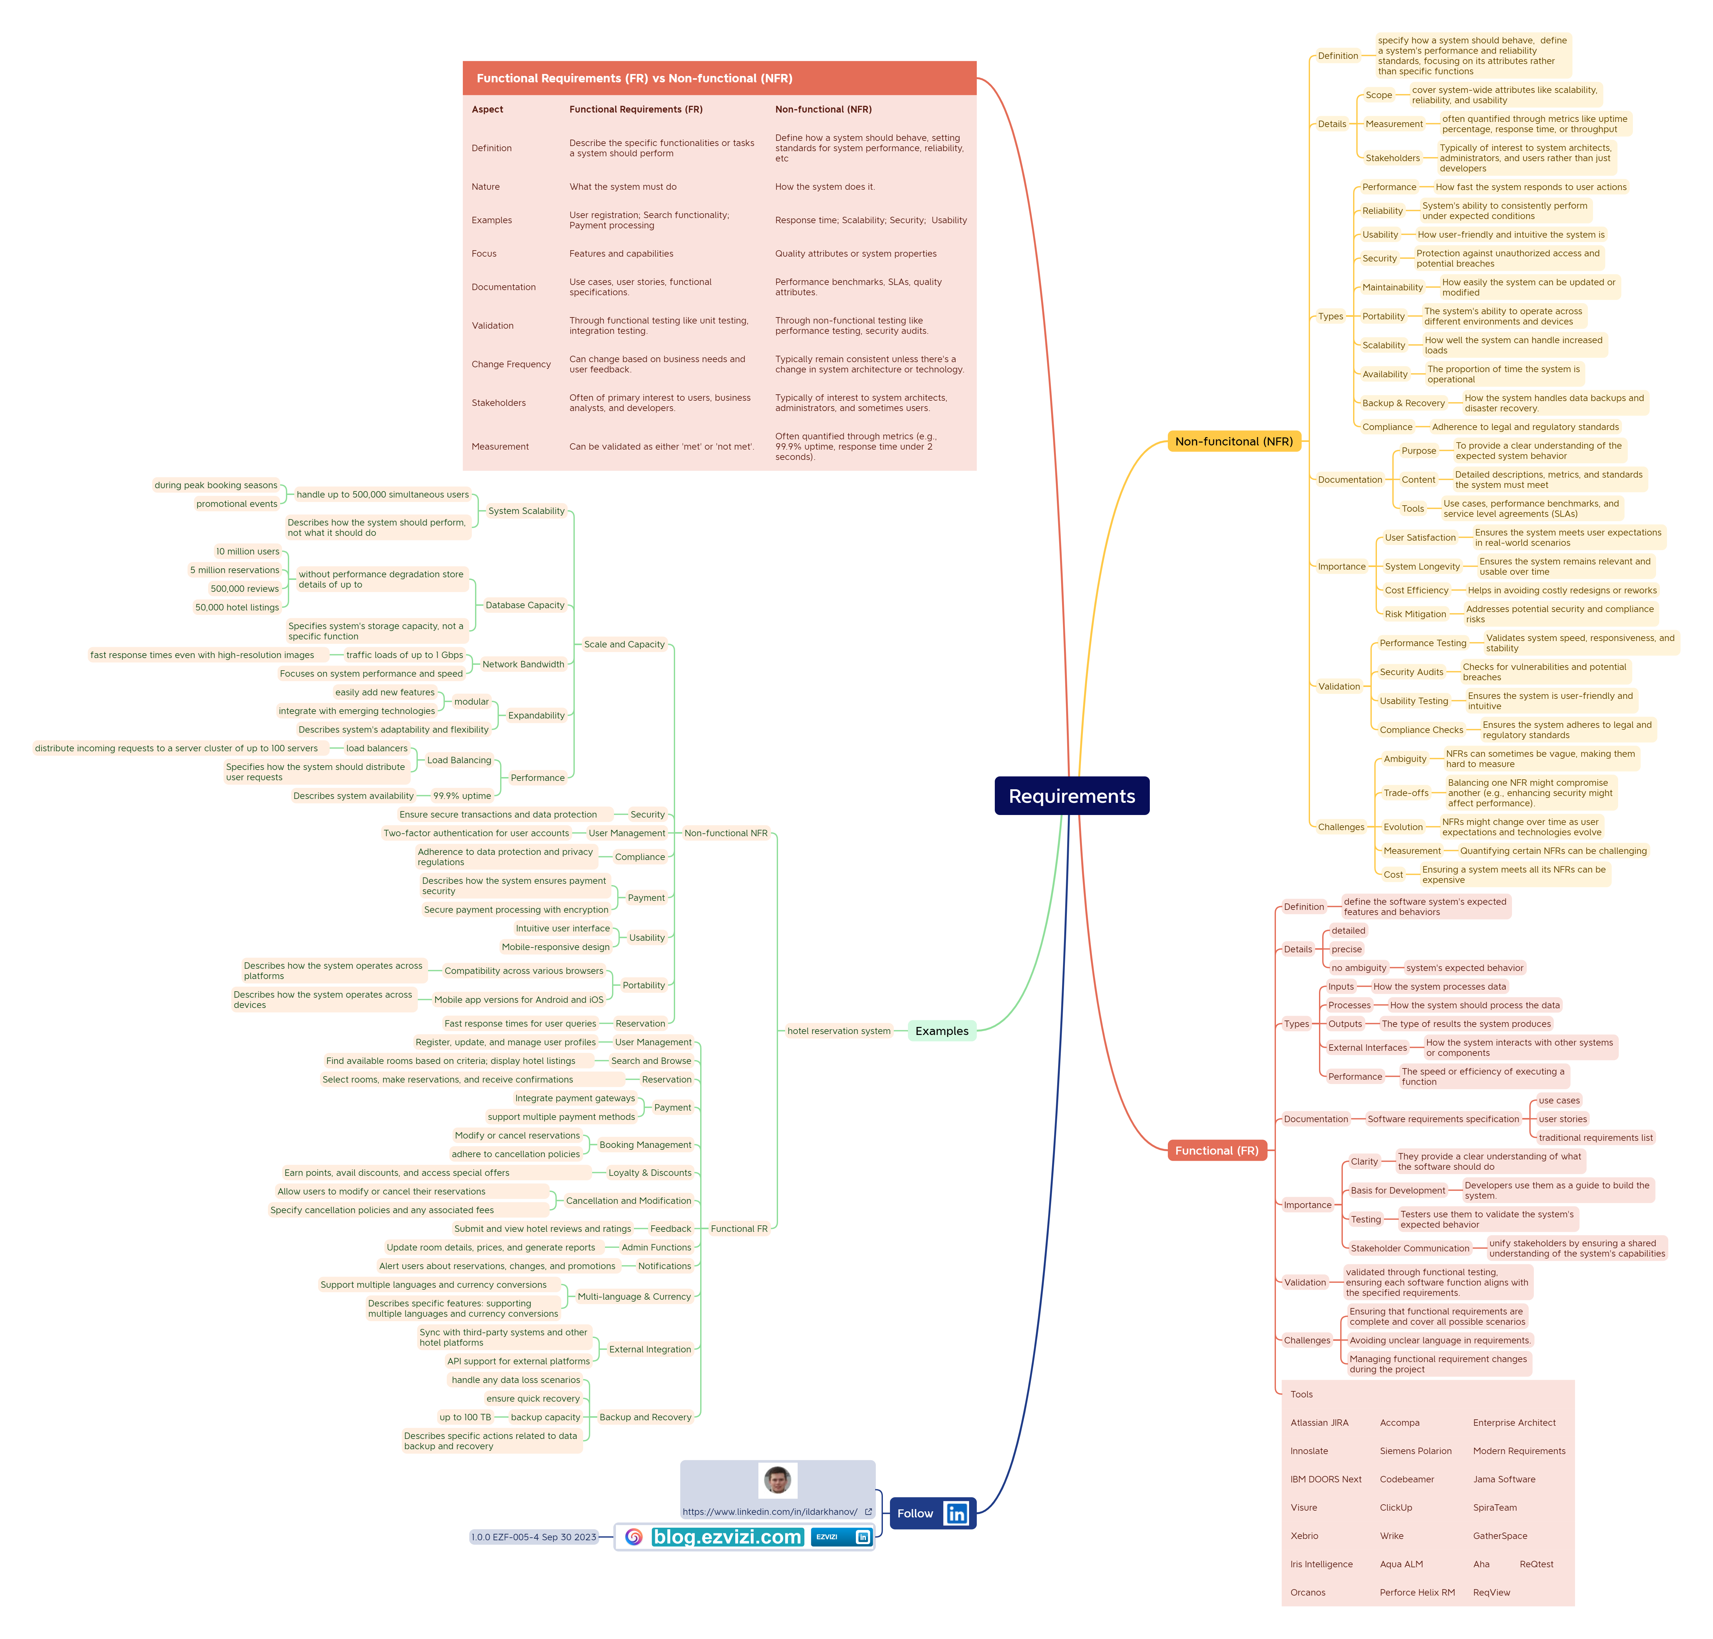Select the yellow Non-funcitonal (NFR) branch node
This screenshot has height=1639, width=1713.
1233,441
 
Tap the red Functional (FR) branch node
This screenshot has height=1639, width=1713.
1216,1151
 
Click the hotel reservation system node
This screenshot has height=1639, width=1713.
838,1031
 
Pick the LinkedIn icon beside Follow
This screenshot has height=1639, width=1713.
957,1513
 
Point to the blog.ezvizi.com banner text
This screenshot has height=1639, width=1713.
727,1537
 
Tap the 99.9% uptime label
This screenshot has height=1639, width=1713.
462,796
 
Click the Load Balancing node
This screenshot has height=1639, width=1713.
459,760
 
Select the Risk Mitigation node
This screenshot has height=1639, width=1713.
1415,614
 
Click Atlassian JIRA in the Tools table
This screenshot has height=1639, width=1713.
1319,1422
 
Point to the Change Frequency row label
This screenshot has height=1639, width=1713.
511,364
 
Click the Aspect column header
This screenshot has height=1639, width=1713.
488,109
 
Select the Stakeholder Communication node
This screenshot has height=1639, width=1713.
1410,1249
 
